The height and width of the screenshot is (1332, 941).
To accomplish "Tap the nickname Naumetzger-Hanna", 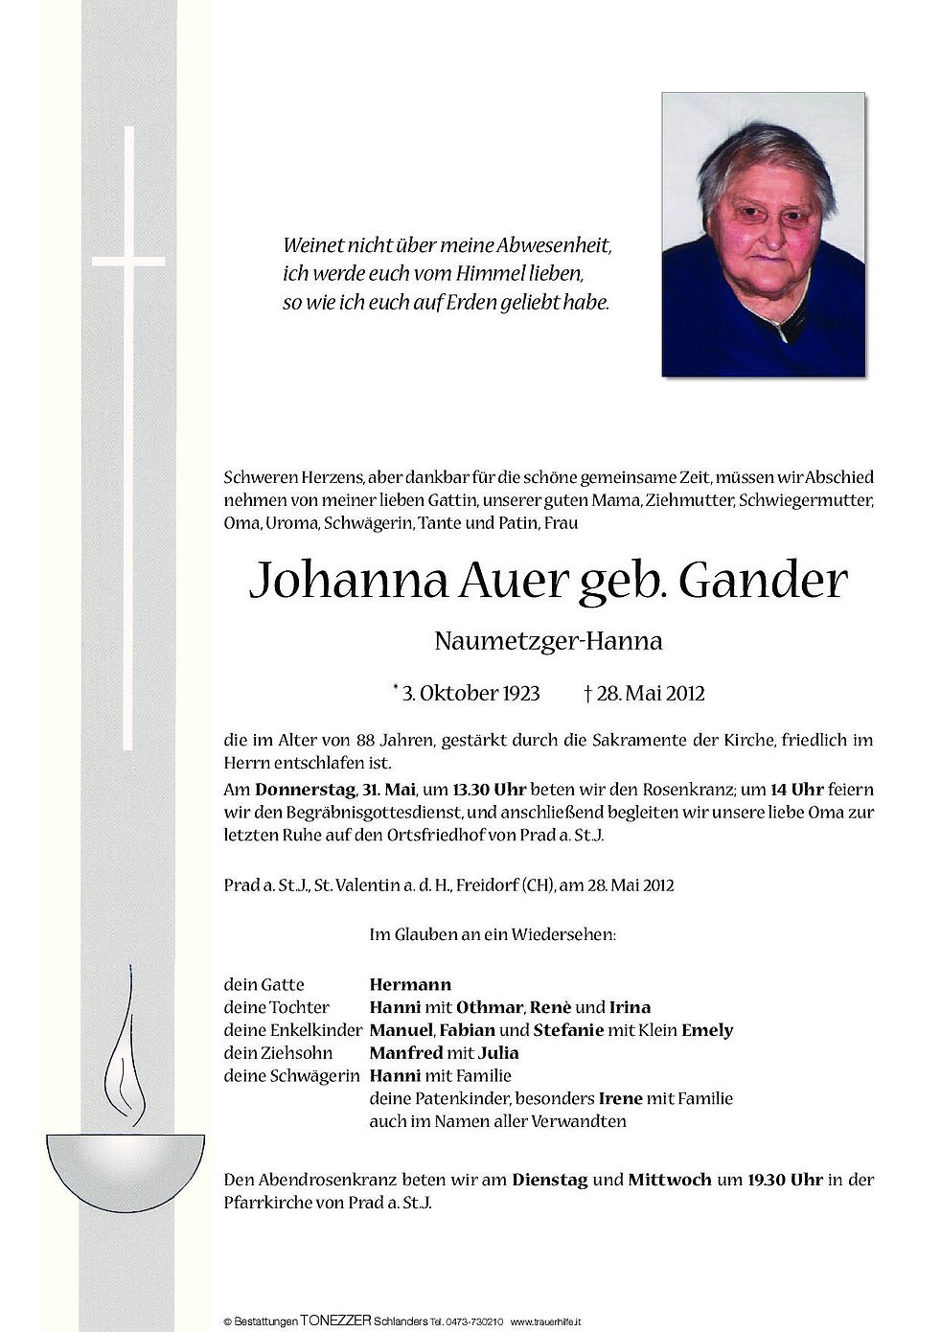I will coord(548,641).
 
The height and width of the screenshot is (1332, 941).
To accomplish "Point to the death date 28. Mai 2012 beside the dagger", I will coord(651,693).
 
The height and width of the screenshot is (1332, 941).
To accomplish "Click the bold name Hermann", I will coord(410,984).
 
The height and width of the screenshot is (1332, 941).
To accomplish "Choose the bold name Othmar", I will coord(489,1007).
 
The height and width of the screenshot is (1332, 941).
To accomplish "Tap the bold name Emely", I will coord(707,1030).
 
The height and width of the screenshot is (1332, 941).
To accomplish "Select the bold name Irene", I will coord(621,1098).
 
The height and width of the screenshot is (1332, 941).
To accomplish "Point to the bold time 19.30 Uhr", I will coord(778,1180).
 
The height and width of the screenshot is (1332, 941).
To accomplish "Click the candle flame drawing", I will coord(126,1064).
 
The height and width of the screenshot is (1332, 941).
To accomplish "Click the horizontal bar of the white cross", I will coord(128,261).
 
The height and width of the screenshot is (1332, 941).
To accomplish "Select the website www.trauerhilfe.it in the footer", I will coord(553,1320).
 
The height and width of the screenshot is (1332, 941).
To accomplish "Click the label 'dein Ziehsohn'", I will coord(264,1053).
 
